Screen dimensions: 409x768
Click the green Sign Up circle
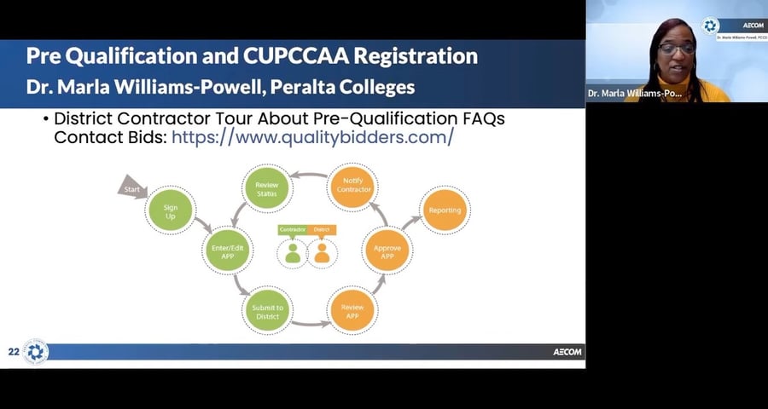click(x=172, y=210)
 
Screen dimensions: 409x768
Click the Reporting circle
click(x=445, y=210)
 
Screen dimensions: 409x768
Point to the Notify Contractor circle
click(x=353, y=185)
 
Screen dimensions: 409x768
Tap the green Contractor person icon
click(x=293, y=253)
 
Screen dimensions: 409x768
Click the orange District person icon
click(x=322, y=253)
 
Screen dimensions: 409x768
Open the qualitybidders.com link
click(x=312, y=137)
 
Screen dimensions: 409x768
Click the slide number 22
click(x=14, y=352)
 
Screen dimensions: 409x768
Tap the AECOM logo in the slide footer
click(x=567, y=352)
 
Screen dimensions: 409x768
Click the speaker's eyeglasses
click(x=675, y=49)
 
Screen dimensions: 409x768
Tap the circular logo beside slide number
click(x=35, y=352)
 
